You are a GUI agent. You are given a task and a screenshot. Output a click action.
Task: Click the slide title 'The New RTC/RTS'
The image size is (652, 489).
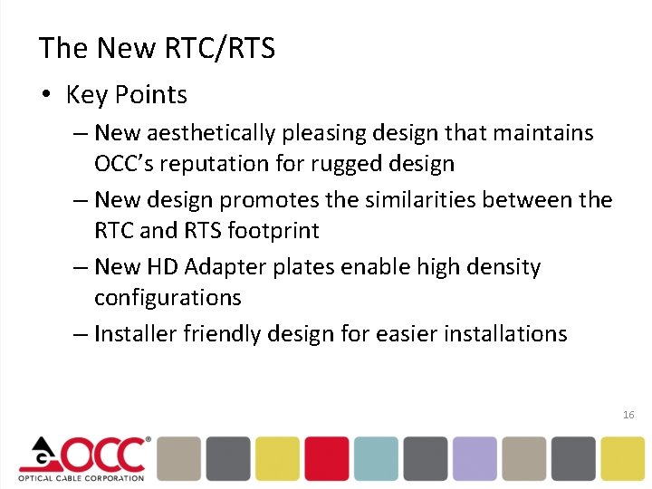[157, 48]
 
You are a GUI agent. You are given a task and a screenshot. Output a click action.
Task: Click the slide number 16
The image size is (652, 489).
[628, 415]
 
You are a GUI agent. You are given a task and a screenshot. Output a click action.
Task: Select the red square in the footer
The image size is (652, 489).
[326, 458]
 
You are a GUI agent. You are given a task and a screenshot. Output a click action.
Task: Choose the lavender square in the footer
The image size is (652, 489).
[475, 458]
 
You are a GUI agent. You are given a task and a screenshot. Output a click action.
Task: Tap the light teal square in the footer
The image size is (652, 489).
[376, 458]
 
